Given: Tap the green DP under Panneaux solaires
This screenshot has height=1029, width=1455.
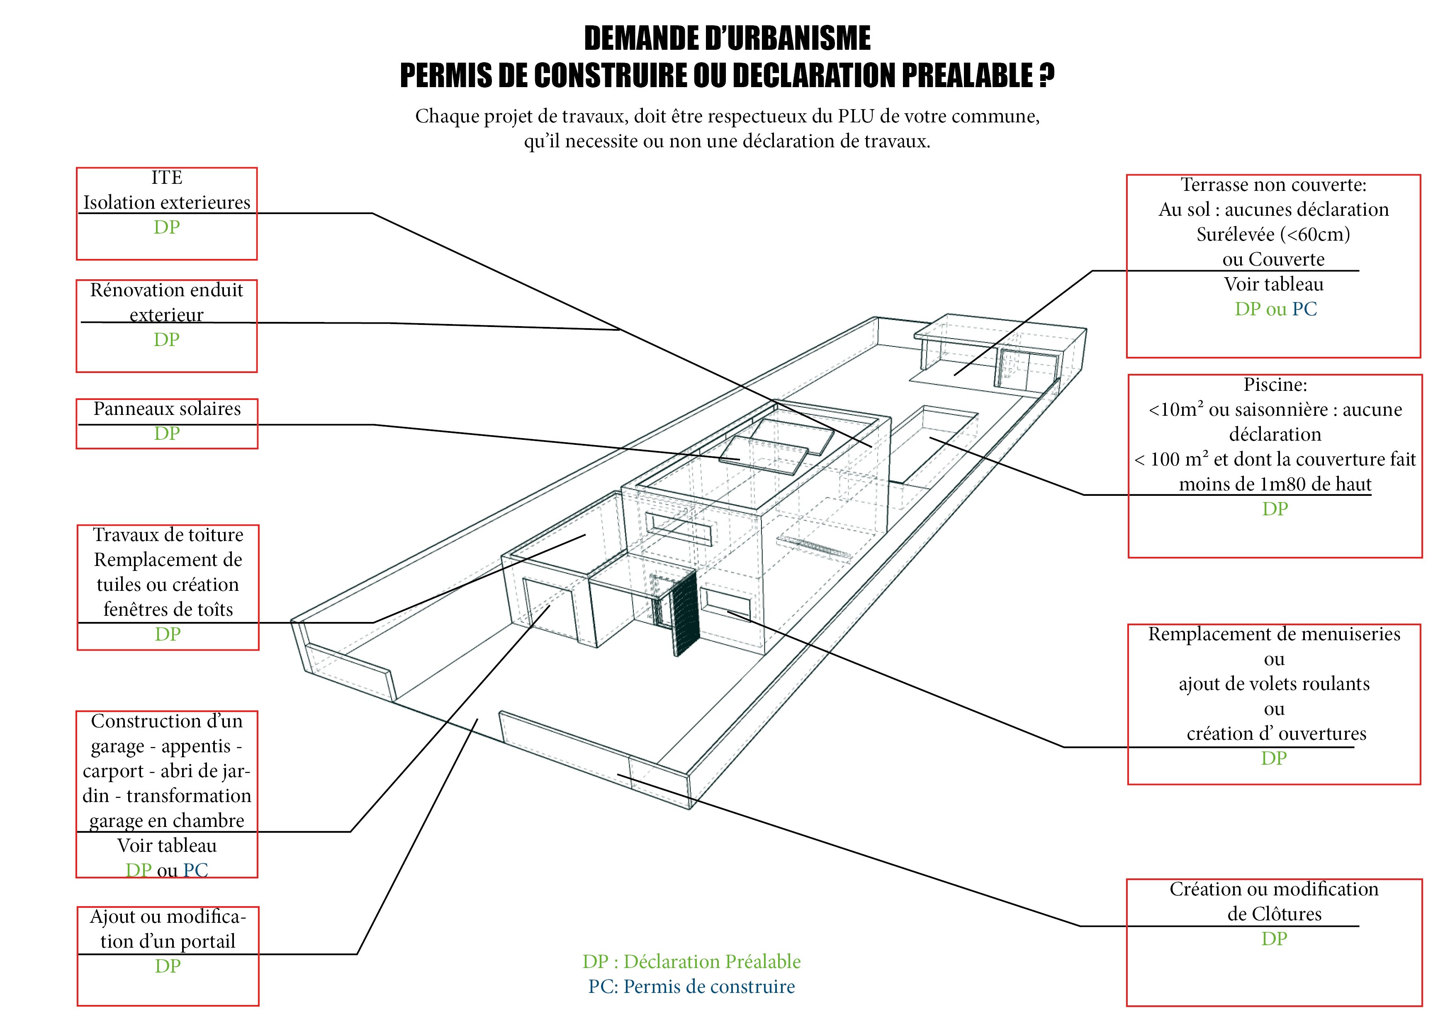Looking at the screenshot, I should coord(167,434).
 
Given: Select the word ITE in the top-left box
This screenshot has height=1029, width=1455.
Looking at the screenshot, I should coord(167,178).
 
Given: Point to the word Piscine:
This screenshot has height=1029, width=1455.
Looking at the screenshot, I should coord(1275,385).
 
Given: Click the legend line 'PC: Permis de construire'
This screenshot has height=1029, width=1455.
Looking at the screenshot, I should coord(691,987).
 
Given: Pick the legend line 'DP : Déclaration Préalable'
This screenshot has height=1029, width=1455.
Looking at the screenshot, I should coord(691,962).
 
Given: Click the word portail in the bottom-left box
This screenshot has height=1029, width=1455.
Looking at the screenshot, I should coord(207,941).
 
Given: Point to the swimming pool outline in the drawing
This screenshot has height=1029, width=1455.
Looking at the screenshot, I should coord(938,444).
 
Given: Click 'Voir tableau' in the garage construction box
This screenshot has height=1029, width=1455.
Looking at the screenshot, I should coord(167,846).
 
